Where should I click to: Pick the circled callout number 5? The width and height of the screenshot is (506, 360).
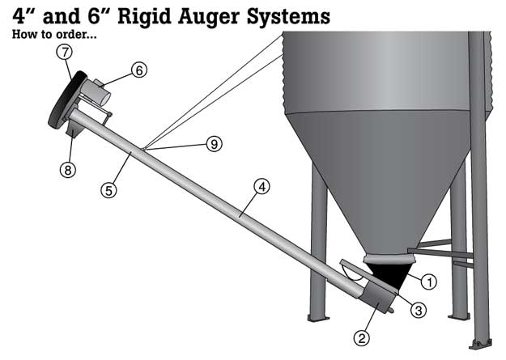pyautogui.click(x=108, y=190)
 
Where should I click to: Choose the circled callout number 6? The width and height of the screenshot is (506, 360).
pyautogui.click(x=139, y=70)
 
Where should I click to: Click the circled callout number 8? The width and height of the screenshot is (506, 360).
pyautogui.click(x=65, y=169)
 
